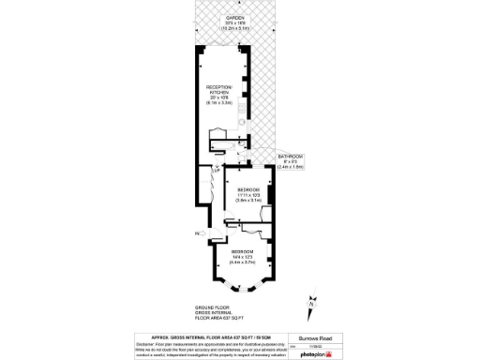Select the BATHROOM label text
291,157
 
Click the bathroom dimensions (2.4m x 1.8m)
291,167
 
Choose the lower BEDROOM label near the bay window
243,252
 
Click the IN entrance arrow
200,232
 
